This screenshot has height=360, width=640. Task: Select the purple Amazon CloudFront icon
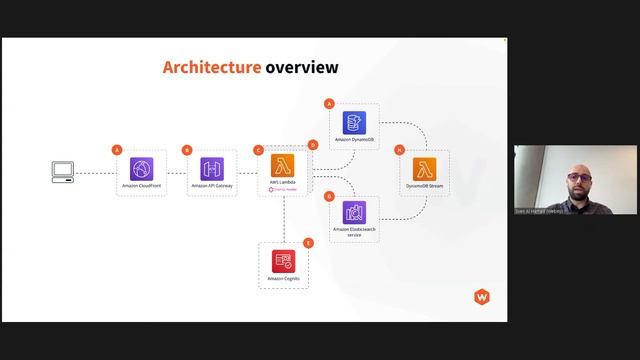[141, 168]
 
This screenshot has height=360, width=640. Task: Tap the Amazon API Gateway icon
[212, 168]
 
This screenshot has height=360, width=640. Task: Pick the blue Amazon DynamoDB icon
[355, 123]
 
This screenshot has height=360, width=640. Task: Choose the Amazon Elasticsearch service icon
[355, 212]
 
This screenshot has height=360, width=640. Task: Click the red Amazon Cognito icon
[283, 260]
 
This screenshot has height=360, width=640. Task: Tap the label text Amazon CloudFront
[141, 186]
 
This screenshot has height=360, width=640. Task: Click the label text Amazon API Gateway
[212, 186]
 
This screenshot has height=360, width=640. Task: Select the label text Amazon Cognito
[283, 277]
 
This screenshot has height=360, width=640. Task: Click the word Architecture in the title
[211, 68]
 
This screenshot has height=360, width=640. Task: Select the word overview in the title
[302, 68]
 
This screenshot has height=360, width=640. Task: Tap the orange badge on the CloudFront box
[117, 149]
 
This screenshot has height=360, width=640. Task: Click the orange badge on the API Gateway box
[187, 149]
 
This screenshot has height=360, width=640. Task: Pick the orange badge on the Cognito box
[308, 242]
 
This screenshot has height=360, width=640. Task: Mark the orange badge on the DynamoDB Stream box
[400, 149]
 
